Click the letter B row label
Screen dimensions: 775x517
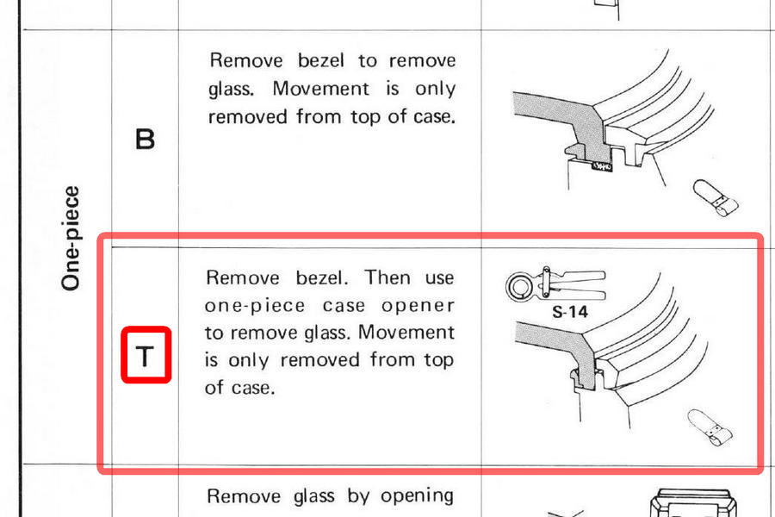tap(145, 140)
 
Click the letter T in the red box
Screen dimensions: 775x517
tap(145, 356)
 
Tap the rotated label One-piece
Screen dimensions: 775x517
tap(71, 238)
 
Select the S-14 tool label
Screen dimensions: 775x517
tap(570, 312)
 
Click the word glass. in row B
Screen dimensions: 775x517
tap(231, 89)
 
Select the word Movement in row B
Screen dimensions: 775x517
tap(321, 89)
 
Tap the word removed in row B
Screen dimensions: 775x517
tap(248, 117)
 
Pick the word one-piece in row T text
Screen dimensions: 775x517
tap(255, 306)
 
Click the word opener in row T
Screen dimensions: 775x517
tap(418, 306)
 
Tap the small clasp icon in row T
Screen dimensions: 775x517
tap(710, 427)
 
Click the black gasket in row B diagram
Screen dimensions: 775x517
tap(602, 166)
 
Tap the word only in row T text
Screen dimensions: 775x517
tap(249, 360)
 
